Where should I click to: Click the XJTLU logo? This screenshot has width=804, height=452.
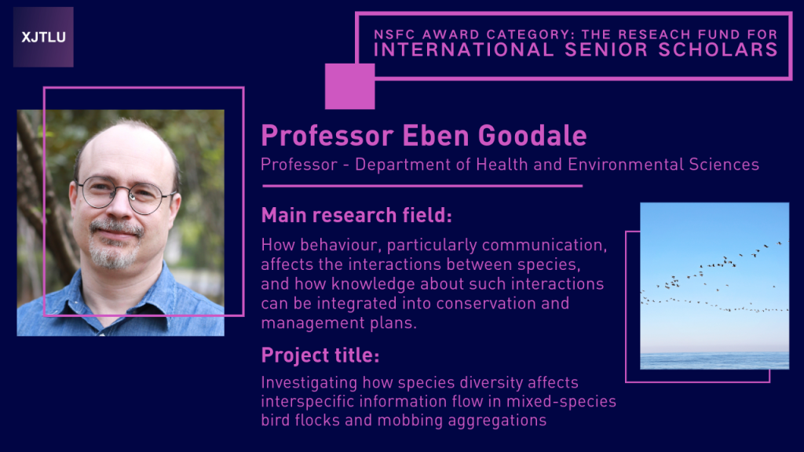(x=43, y=37)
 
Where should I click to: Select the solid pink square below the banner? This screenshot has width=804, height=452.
(x=349, y=86)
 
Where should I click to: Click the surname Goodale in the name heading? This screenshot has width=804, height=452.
(x=532, y=136)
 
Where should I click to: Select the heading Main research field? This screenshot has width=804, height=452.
(x=356, y=215)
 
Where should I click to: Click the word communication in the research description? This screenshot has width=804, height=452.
(x=544, y=245)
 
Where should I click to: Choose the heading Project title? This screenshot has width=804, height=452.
(x=320, y=355)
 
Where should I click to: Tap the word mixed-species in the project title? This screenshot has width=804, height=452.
(x=561, y=401)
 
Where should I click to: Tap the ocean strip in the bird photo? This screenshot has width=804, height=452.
(x=714, y=361)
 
